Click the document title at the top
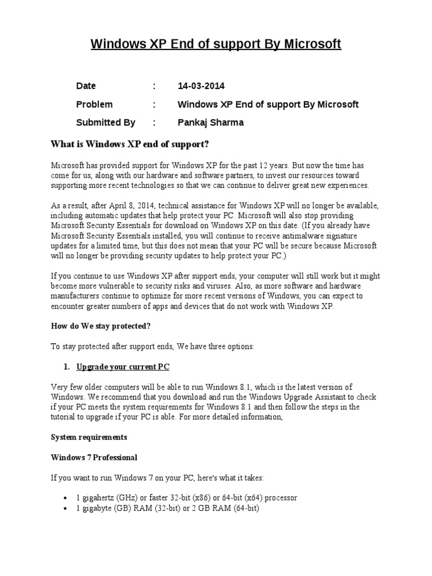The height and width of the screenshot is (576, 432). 216,44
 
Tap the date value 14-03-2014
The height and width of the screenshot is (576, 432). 201,86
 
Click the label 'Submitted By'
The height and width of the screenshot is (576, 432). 106,122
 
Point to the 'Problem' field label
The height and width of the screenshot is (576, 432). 94,104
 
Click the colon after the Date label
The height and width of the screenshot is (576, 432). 154,86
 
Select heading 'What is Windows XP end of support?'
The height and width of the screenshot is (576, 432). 130,145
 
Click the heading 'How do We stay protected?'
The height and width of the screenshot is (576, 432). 101,326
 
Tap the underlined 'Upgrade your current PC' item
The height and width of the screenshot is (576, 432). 123,367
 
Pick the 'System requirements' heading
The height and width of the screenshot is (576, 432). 89,437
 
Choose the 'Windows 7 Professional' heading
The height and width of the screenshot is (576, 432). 94,457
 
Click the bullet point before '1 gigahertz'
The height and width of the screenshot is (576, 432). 68,498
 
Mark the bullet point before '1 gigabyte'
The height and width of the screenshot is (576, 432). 68,508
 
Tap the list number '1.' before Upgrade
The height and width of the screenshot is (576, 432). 66,367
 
